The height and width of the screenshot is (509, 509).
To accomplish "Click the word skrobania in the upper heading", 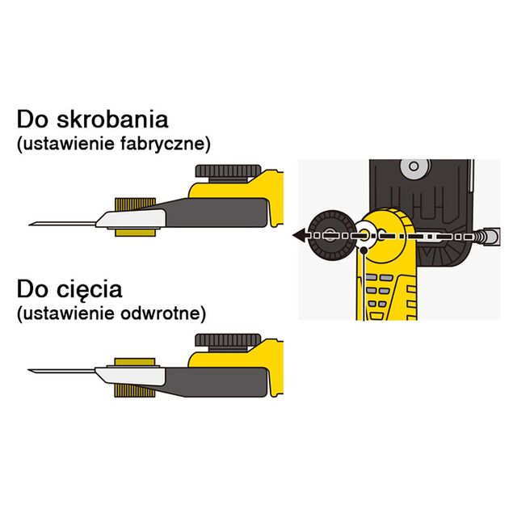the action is click(112, 119).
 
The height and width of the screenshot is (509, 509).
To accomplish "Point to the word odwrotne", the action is click(163, 313).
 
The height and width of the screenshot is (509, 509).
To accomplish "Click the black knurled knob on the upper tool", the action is click(228, 171).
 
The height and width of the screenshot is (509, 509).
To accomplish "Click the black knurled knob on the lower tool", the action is click(228, 340).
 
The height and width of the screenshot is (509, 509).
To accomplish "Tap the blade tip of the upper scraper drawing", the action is click(30, 224).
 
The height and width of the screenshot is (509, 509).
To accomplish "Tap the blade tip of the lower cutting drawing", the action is click(28, 370).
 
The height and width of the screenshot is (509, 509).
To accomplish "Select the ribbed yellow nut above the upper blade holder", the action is click(136, 204).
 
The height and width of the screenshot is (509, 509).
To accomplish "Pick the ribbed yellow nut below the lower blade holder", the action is click(135, 391).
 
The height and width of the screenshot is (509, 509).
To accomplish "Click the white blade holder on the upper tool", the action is click(131, 218).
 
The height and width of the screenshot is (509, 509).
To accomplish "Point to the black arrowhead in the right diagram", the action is click(299, 234).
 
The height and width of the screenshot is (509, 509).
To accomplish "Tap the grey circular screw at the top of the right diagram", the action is click(414, 166).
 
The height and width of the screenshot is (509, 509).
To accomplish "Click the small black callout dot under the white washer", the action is click(364, 250).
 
